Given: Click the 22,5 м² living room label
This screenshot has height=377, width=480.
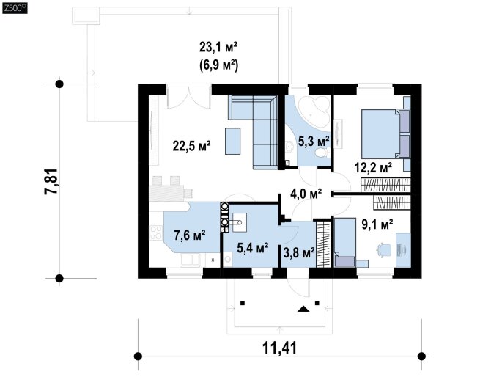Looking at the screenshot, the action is tap(191, 145).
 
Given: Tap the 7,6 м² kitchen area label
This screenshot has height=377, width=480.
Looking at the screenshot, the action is tap(190, 235).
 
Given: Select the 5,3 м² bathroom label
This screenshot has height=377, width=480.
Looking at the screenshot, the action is tap(314, 142).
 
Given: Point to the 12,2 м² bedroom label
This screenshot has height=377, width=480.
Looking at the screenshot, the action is tap(373, 168).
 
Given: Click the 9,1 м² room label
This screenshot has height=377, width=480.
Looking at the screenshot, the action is tap(377, 224).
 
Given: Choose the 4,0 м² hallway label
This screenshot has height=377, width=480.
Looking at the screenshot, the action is tap(306, 194).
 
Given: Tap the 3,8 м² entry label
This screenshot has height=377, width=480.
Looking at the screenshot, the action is tap(299, 253).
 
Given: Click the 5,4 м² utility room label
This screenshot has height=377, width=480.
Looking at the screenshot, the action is tap(253, 248).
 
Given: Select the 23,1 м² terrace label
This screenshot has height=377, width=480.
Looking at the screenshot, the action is tap(218, 48).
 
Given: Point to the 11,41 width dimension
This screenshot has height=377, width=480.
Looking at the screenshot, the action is tap(279, 348).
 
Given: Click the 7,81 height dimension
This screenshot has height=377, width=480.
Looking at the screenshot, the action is tap(51, 181).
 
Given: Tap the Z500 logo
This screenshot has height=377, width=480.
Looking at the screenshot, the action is tap(15, 8).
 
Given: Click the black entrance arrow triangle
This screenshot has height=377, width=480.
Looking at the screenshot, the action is tap(303, 309).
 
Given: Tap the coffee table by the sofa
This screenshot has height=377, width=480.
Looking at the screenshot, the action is tap(232, 141).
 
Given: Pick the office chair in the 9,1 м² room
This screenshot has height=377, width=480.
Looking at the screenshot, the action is tap(384, 249).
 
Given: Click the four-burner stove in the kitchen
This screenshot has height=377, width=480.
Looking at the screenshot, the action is tap(156, 233).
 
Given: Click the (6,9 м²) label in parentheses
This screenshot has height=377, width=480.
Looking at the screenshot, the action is tap(218, 65).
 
